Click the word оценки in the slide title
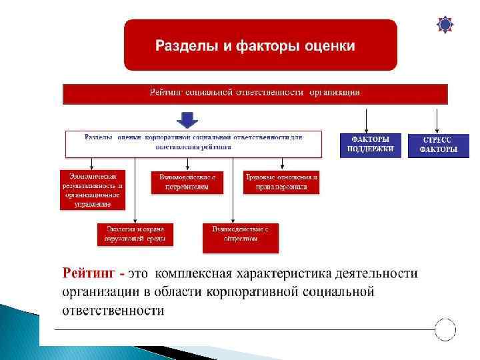point(327,46)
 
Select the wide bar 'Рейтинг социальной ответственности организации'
point(255,93)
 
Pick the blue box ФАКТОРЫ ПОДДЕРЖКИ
point(371,145)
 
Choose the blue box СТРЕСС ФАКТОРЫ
point(438,145)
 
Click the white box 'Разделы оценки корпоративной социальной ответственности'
point(193,143)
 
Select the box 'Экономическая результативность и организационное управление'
point(92,190)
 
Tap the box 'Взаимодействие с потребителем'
point(188,182)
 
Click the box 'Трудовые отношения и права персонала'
point(281,182)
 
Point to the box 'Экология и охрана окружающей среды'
point(135,234)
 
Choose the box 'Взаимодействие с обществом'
point(240,237)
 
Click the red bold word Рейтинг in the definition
point(89,273)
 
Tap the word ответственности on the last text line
point(113,311)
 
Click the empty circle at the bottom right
point(445,329)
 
